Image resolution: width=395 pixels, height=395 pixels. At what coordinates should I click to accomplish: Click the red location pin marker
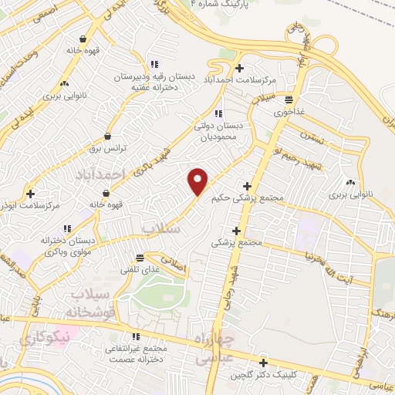pyautogui.click(x=199, y=181)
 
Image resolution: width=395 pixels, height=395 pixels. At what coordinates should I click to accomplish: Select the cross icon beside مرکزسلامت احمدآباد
pyautogui.click(x=240, y=69)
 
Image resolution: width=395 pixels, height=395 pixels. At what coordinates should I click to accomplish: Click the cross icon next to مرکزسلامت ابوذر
pyautogui.click(x=30, y=194)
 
